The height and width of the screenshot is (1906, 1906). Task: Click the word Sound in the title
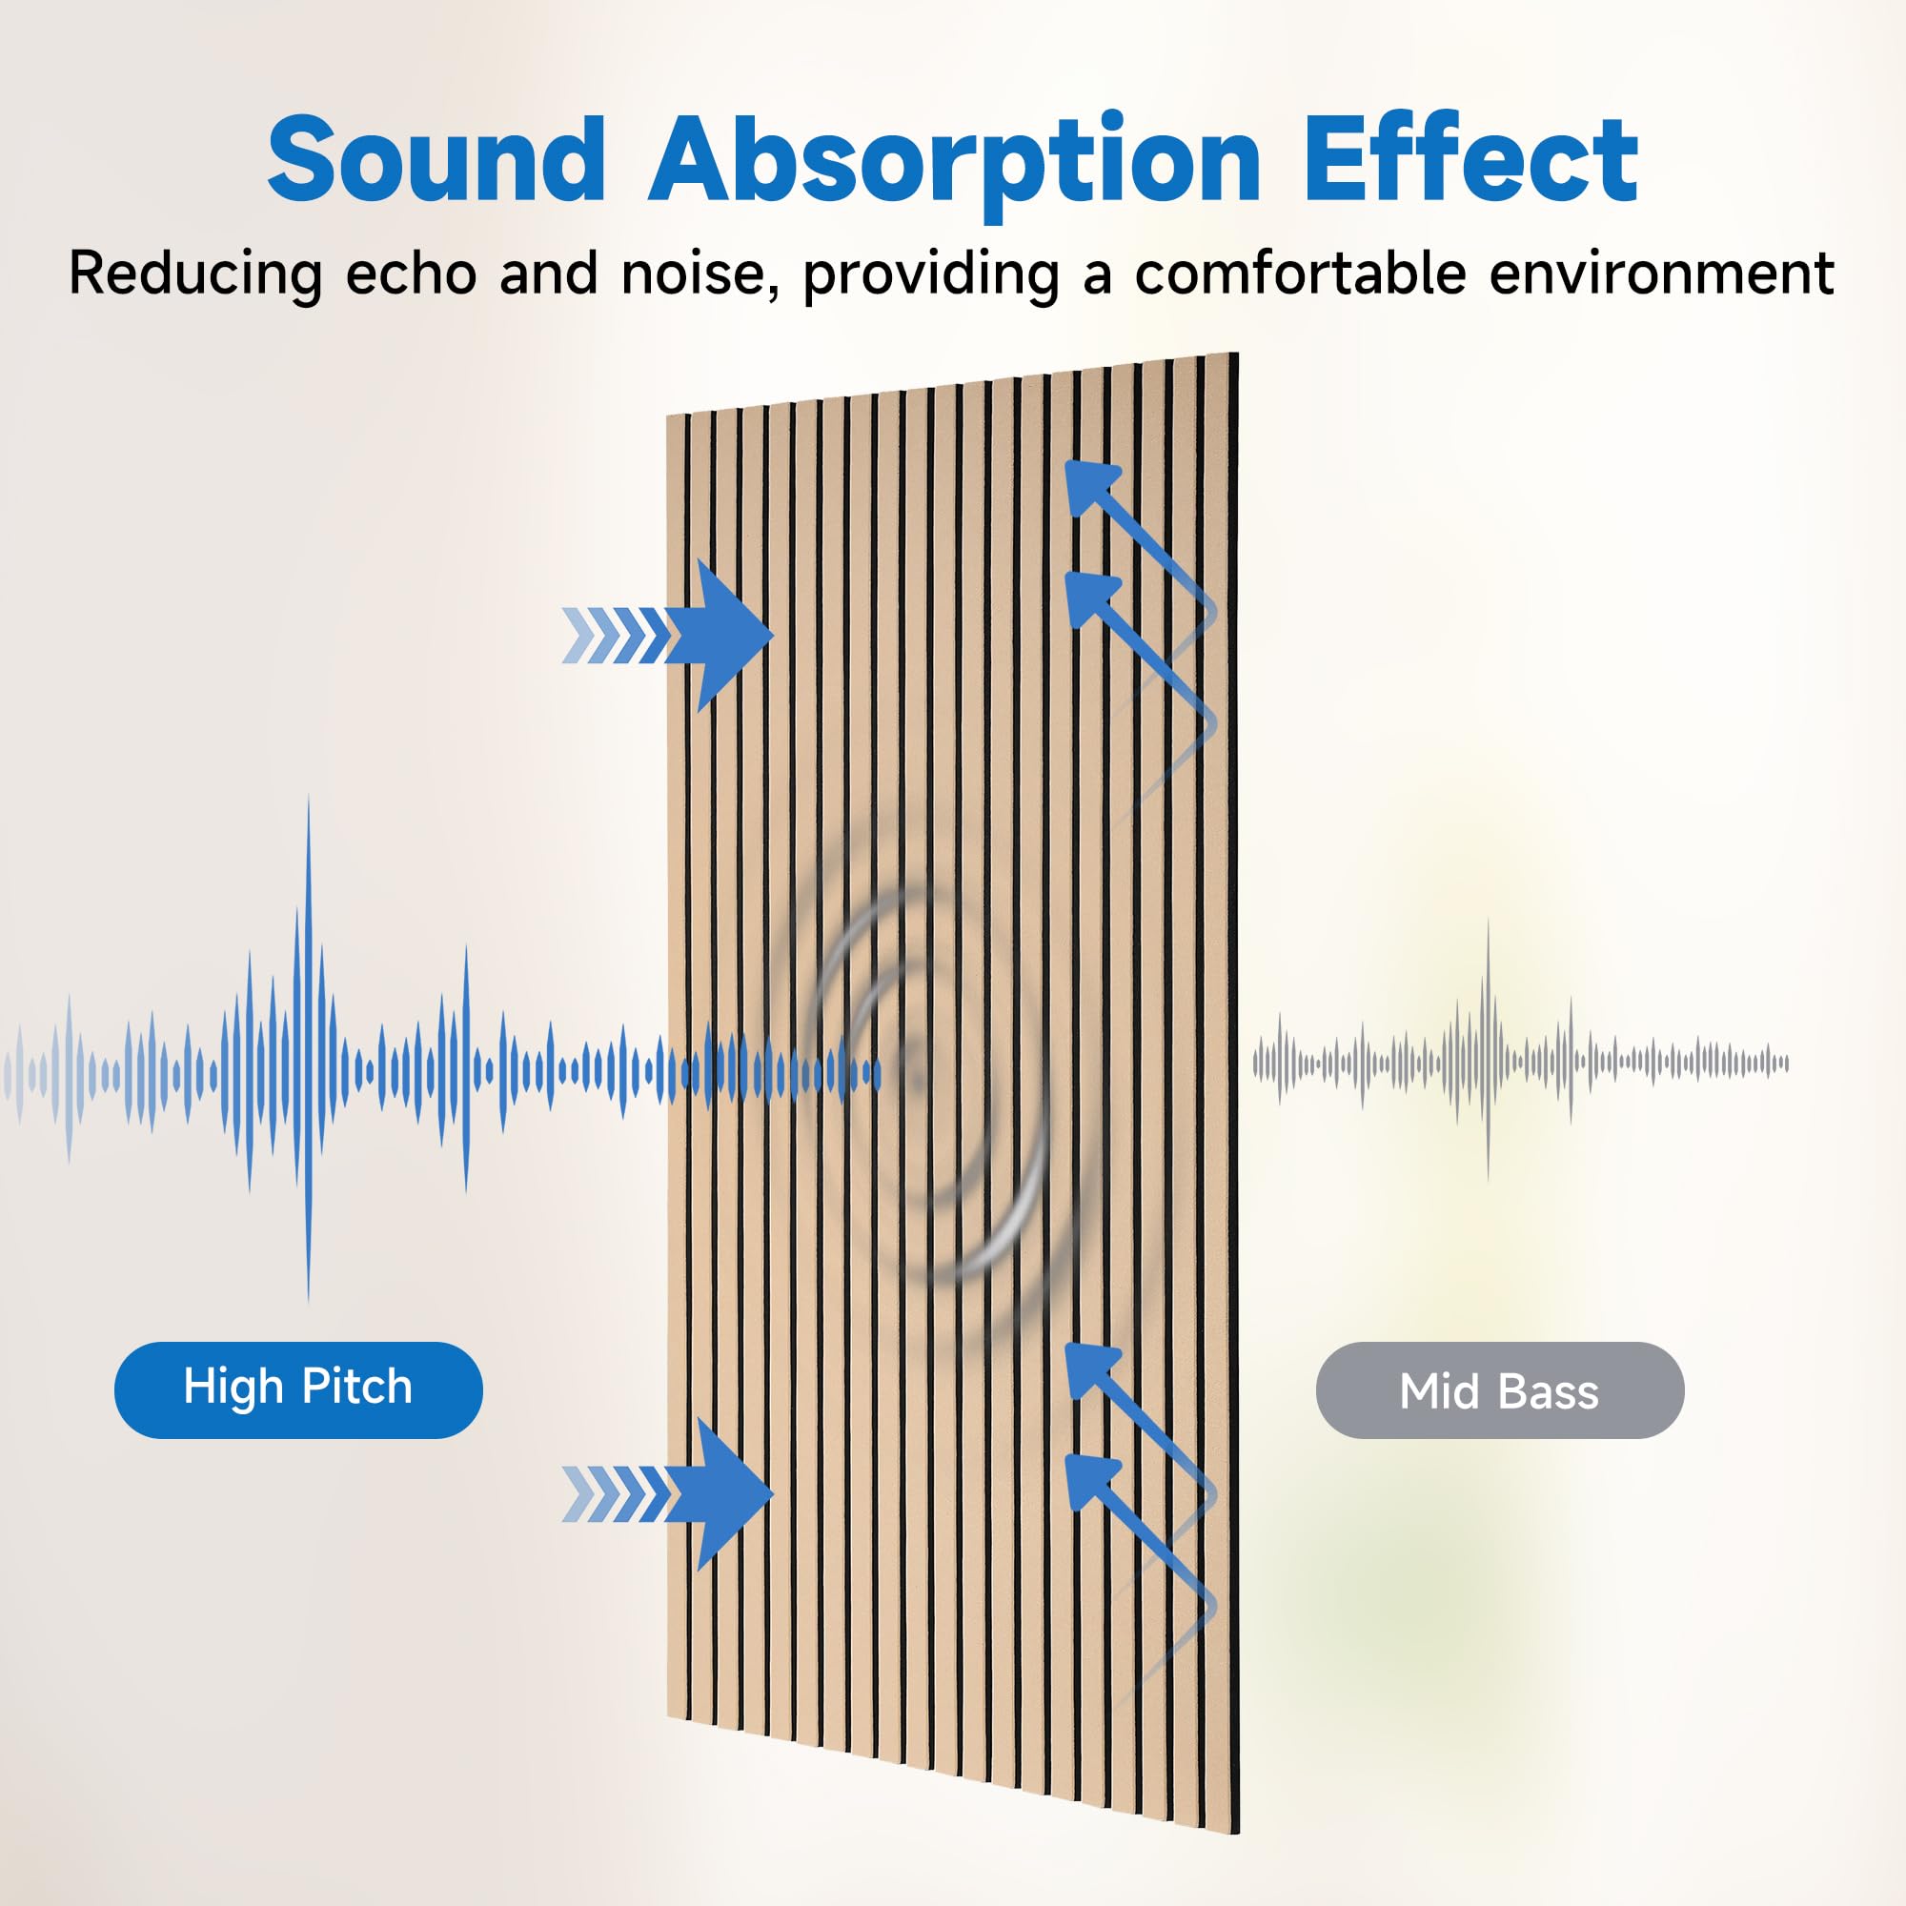(x=436, y=160)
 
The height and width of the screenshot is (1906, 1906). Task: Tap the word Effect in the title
(x=1470, y=160)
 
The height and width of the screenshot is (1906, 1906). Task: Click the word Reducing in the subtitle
(x=195, y=274)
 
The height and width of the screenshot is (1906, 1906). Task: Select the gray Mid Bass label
(x=1499, y=1392)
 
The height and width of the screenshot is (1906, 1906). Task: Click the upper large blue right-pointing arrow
(x=728, y=635)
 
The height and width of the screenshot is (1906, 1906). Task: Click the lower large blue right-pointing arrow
(x=728, y=1493)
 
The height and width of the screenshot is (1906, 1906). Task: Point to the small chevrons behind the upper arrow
(x=614, y=636)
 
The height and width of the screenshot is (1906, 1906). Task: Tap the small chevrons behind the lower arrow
(x=614, y=1493)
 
